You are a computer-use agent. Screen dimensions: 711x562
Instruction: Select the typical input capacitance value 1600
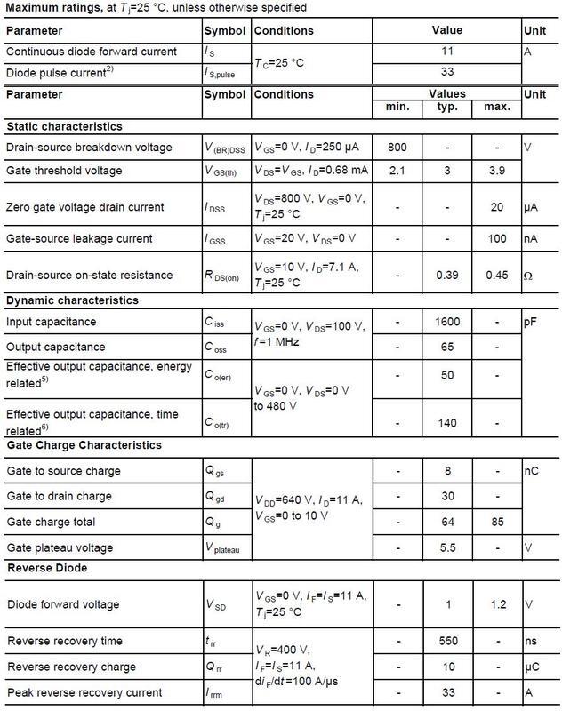point(448,320)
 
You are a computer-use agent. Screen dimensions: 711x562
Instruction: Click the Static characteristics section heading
point(64,126)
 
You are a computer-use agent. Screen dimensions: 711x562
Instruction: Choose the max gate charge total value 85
point(497,522)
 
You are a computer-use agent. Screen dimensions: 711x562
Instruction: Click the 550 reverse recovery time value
point(448,641)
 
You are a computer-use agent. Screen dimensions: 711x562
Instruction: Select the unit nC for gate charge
point(532,470)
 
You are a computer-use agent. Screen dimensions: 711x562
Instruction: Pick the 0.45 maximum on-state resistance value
point(497,276)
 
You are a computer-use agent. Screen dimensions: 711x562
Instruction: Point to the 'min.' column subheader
point(398,108)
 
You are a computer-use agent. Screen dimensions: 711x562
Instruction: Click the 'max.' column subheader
point(497,108)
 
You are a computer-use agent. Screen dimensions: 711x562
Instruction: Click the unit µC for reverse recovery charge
point(532,667)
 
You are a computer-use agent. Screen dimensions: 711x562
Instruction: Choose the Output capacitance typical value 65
point(448,347)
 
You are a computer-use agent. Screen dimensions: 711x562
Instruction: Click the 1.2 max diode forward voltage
point(497,604)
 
